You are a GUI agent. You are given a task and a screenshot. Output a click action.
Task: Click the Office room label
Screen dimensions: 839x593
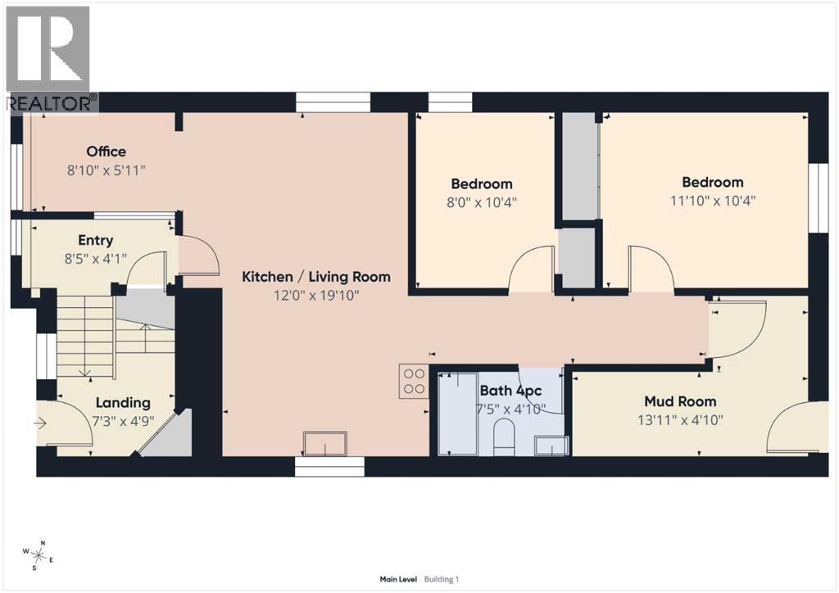(x=107, y=152)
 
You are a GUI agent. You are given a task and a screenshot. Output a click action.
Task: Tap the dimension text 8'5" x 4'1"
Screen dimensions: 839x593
(x=96, y=259)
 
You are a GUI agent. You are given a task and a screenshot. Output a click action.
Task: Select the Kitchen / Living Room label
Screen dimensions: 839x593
(x=316, y=277)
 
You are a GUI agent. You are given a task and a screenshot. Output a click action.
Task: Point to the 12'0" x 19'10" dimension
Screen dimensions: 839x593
(x=316, y=295)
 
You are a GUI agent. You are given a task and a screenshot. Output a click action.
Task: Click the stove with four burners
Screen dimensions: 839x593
(x=413, y=381)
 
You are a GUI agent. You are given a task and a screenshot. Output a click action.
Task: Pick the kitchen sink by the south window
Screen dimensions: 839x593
(x=324, y=443)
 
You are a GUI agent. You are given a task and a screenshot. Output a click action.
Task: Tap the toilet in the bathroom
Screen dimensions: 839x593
(x=504, y=437)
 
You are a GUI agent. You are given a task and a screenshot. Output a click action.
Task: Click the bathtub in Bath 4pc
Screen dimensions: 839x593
(x=458, y=414)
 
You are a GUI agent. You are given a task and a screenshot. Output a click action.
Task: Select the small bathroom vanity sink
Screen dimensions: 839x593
(x=551, y=446)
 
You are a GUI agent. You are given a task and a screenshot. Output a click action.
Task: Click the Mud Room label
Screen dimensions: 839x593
(x=680, y=401)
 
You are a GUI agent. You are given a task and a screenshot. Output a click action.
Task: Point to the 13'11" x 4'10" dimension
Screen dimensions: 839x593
(x=680, y=419)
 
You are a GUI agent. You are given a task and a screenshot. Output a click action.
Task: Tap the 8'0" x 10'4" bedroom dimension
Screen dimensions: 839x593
(x=482, y=202)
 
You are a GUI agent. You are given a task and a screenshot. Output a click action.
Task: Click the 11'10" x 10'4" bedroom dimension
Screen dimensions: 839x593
(x=713, y=201)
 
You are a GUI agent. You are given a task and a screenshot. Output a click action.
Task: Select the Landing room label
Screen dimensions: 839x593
(x=123, y=403)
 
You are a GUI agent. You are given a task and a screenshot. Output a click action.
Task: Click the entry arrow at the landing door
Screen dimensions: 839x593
(x=40, y=424)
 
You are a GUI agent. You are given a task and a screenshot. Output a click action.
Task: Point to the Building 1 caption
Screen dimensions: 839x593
(x=442, y=579)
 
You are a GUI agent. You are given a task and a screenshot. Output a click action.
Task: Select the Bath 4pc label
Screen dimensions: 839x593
(x=510, y=391)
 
